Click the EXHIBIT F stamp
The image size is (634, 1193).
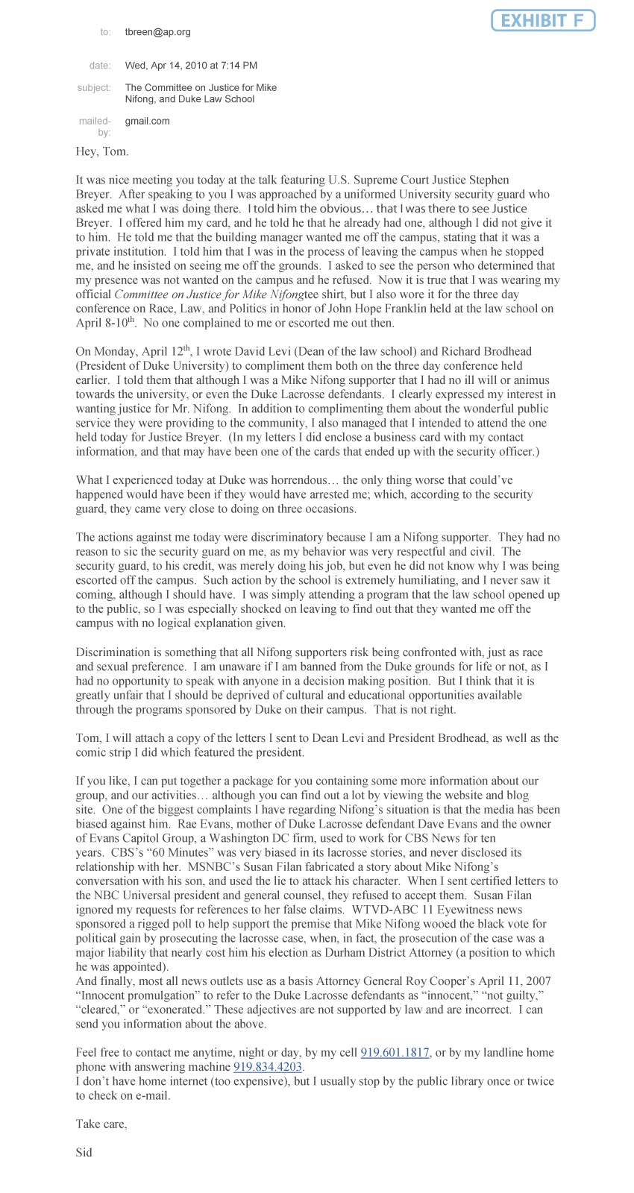pyautogui.click(x=542, y=21)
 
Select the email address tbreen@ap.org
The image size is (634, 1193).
pyautogui.click(x=158, y=32)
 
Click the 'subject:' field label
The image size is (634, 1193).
pyautogui.click(x=94, y=88)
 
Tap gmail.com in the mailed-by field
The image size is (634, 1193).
pyautogui.click(x=147, y=121)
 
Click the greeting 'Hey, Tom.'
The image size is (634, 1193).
pyautogui.click(x=102, y=151)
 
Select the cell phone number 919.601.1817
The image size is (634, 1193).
pyautogui.click(x=395, y=1052)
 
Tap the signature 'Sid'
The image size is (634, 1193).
pyautogui.click(x=84, y=1152)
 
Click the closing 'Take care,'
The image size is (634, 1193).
pyautogui.click(x=101, y=1124)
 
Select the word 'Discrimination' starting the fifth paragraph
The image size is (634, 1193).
pyautogui.click(x=112, y=652)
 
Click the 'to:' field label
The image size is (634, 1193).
pyautogui.click(x=105, y=32)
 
